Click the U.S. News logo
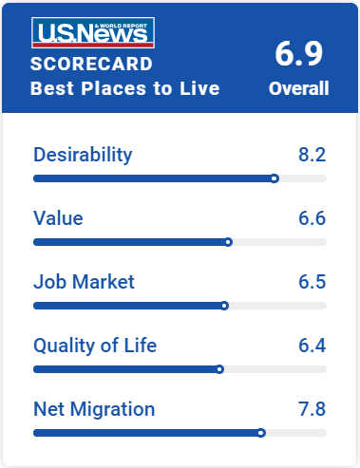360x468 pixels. [93, 32]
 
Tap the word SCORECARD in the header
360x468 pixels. [91, 64]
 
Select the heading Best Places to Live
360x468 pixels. [125, 88]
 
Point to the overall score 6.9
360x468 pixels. [299, 53]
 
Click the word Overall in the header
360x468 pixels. [299, 88]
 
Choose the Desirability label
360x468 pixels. [83, 156]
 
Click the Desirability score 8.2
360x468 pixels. [313, 155]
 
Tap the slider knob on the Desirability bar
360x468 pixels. [275, 178]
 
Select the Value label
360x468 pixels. [58, 218]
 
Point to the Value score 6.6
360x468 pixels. [313, 218]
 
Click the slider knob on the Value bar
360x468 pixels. [228, 242]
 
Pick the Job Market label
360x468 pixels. [84, 282]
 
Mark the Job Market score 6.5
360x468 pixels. [313, 282]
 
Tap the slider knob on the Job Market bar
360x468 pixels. [224, 306]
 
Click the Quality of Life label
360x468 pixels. [95, 346]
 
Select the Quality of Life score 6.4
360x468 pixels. [313, 346]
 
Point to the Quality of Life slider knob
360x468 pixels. [219, 369]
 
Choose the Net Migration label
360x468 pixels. [94, 409]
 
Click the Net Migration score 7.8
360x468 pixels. [313, 409]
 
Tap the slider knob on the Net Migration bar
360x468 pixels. [261, 433]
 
